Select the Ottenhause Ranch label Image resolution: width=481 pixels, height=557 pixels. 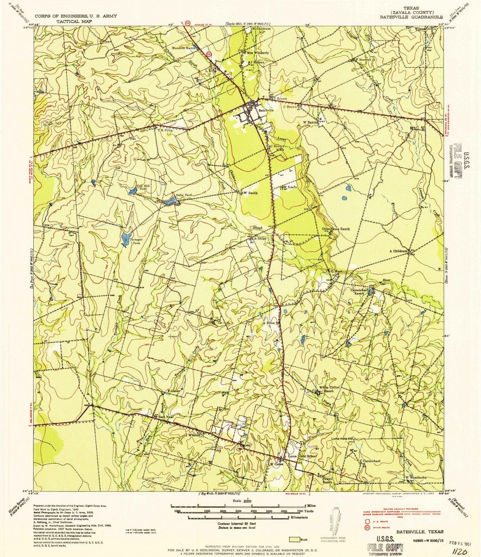tap(336, 229)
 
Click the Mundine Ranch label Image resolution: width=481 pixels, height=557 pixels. tap(184, 48)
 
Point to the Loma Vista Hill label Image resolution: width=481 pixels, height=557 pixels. tap(342, 439)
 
